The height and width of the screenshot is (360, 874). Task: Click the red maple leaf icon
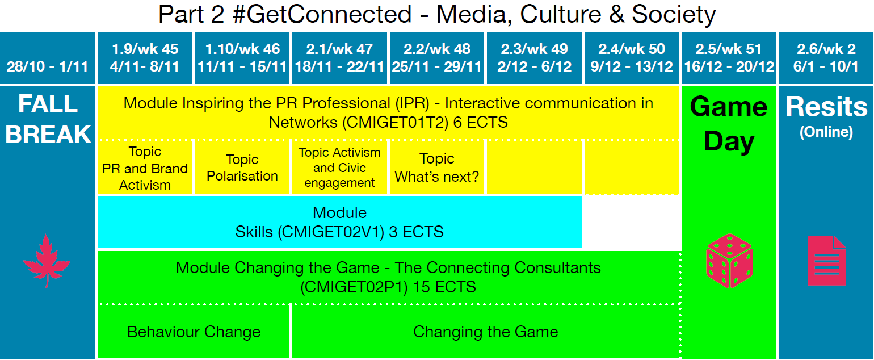click(47, 261)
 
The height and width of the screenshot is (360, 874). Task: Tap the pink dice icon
click(730, 261)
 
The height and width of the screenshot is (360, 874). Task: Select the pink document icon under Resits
click(827, 261)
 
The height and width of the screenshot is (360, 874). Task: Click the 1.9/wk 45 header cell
click(145, 58)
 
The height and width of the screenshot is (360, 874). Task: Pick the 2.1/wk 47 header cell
click(339, 58)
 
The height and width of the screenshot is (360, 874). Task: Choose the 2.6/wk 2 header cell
click(826, 58)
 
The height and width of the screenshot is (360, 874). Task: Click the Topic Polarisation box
click(242, 168)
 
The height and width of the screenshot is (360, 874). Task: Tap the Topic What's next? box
click(437, 168)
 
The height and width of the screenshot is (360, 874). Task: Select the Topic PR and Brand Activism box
click(145, 168)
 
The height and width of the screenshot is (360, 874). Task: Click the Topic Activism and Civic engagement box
click(339, 168)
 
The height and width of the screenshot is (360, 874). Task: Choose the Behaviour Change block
click(194, 332)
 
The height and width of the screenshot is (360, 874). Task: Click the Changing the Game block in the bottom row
click(486, 332)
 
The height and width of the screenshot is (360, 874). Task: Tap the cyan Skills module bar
click(339, 222)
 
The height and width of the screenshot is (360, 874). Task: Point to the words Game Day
click(729, 124)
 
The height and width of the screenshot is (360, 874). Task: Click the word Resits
click(826, 106)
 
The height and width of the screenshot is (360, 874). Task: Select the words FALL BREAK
click(48, 119)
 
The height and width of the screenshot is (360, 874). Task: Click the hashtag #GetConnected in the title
click(322, 14)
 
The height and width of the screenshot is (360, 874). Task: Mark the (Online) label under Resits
click(826, 132)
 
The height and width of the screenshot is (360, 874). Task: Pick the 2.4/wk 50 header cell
click(632, 58)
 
